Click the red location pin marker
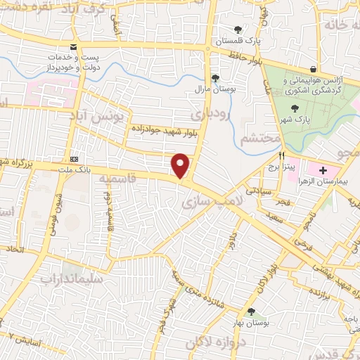pyautogui.click(x=181, y=165)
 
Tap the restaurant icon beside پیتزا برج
pyautogui.click(x=282, y=156)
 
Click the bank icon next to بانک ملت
pyautogui.click(x=74, y=159)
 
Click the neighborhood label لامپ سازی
pyautogui.click(x=201, y=202)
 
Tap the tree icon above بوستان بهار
pyautogui.click(x=251, y=311)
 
